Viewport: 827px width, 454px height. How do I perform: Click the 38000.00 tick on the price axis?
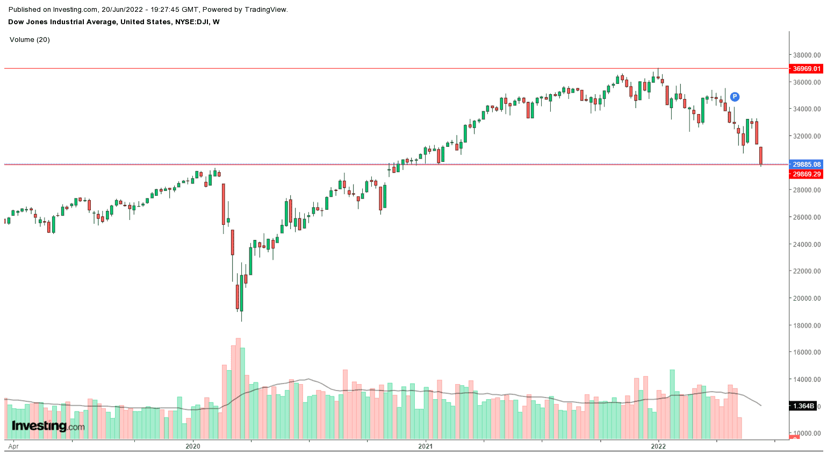(807, 55)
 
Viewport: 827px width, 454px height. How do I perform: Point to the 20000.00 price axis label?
(807, 299)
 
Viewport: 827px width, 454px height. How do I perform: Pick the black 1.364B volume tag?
(803, 406)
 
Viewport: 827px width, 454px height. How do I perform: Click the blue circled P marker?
(735, 97)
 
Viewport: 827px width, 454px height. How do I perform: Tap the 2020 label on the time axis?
(192, 446)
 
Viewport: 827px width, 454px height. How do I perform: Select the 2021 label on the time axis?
(425, 446)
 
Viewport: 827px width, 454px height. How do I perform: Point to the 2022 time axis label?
(658, 446)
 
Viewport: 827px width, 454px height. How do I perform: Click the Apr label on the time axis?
(14, 446)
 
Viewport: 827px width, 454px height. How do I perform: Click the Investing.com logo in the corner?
(48, 427)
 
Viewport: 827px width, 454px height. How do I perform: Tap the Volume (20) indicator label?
(30, 40)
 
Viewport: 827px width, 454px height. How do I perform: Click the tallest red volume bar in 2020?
(238, 387)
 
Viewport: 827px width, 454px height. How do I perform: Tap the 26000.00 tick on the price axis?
(807, 217)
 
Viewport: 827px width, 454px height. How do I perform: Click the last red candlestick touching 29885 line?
(761, 156)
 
